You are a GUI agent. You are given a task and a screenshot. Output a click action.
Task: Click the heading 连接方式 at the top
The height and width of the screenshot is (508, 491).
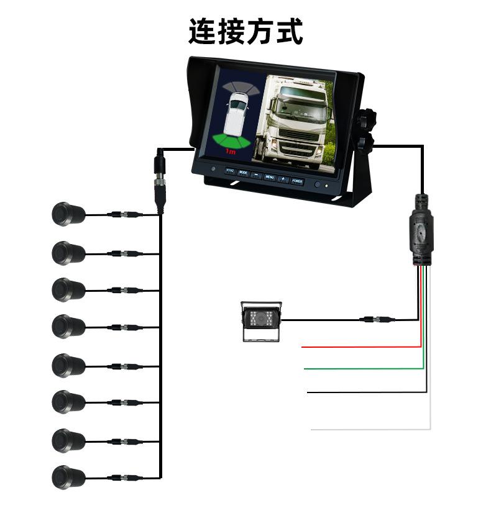pyautogui.click(x=245, y=32)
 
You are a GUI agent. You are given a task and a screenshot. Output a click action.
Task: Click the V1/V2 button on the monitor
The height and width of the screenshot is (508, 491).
pyautogui.click(x=229, y=171)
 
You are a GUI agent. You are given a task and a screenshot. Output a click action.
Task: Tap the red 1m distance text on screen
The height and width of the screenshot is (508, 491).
pyautogui.click(x=231, y=152)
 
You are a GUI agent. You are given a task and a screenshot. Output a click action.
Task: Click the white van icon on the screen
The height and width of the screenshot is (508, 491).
pyautogui.click(x=236, y=114)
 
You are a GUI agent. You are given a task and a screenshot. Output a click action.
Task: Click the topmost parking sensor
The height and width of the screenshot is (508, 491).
pyautogui.click(x=67, y=214)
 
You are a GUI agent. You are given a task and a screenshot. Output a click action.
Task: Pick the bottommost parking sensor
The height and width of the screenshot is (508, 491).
pyautogui.click(x=67, y=476)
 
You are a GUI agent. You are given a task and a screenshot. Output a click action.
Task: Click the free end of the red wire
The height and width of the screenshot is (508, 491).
pyautogui.click(x=303, y=347)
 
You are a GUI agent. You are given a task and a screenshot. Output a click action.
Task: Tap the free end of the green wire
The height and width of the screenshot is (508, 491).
pyautogui.click(x=305, y=369)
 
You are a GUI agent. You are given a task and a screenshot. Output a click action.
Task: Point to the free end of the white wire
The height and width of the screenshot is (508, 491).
pyautogui.click(x=312, y=429)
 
